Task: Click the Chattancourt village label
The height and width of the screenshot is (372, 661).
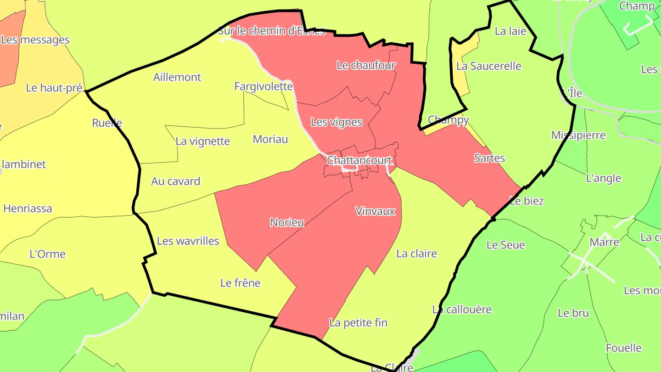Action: tap(359, 160)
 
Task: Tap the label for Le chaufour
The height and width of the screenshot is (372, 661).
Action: tap(366, 65)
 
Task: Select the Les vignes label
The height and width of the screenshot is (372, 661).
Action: tap(336, 122)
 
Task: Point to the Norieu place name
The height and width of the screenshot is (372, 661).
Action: tap(287, 223)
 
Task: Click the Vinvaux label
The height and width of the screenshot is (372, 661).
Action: tap(375, 211)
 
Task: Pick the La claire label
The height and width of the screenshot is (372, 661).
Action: tap(416, 254)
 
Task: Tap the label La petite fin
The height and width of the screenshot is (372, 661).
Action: tap(359, 323)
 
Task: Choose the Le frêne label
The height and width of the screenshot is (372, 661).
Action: tap(240, 283)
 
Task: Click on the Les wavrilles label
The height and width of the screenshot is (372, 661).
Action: tap(188, 241)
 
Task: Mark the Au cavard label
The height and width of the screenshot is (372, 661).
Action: tap(176, 181)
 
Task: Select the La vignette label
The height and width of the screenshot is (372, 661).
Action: tap(202, 141)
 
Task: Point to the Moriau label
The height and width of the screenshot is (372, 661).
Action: tap(270, 139)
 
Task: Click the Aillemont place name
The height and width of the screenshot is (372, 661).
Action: tap(177, 77)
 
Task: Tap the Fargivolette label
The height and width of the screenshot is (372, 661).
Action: tap(263, 86)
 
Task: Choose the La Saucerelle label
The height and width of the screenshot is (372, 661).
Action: tap(489, 66)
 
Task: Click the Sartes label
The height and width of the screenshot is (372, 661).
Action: tap(489, 158)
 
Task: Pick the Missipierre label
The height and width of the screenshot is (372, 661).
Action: tap(578, 135)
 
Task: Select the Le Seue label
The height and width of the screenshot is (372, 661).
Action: tap(505, 245)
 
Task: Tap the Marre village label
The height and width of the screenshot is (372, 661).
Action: tap(604, 242)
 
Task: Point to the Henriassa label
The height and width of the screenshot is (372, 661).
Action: tap(28, 209)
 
